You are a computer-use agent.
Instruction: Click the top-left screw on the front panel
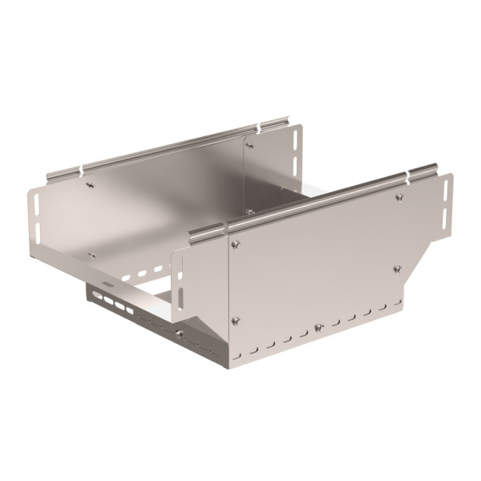235,245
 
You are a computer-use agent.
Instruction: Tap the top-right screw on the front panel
398,197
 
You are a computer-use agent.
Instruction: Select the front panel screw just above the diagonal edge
397,269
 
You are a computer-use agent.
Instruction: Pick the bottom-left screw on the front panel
235,321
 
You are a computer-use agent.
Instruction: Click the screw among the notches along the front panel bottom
318,327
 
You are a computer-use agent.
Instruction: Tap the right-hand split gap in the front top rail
411,174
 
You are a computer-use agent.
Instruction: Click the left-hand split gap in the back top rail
81,169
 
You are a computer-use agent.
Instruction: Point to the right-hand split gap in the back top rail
260,127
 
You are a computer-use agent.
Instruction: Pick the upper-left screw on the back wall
90,184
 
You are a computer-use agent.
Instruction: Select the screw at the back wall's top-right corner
249,145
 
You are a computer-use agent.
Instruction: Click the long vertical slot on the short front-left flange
180,294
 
